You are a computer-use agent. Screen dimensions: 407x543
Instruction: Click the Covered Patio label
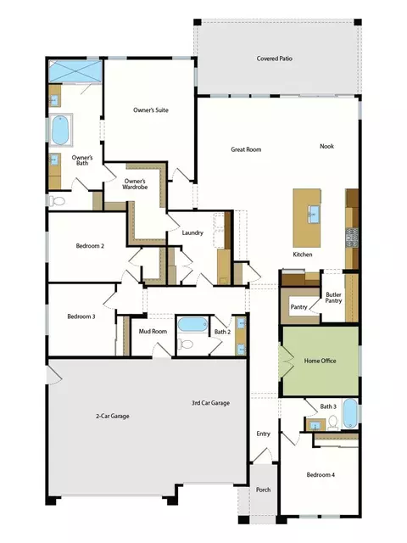click(275, 59)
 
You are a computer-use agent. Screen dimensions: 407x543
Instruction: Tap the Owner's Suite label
click(151, 110)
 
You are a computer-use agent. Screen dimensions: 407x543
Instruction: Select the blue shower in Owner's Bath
click(75, 71)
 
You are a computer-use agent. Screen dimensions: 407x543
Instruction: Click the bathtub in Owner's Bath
click(60, 130)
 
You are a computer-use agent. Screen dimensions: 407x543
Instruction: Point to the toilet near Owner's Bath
click(57, 201)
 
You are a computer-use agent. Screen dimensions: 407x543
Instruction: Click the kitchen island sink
click(313, 215)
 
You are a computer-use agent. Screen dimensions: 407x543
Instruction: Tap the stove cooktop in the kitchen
click(353, 238)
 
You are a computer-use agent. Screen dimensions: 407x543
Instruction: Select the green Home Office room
click(321, 361)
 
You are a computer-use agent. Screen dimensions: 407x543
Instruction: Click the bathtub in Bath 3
click(350, 413)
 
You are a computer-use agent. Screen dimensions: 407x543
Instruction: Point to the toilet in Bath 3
click(333, 423)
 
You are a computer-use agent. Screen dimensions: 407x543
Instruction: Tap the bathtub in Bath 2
click(193, 325)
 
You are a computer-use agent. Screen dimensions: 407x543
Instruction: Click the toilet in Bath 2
click(186, 344)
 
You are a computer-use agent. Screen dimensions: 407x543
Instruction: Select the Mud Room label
click(153, 332)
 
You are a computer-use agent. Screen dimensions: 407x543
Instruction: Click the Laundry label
click(192, 232)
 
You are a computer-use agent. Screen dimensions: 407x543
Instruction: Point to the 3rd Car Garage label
click(211, 403)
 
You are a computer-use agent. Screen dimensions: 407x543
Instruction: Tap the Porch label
click(264, 490)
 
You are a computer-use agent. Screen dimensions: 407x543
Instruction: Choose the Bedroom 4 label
click(321, 475)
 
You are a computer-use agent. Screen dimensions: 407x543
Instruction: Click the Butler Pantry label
click(333, 298)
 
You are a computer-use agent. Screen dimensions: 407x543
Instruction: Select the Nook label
click(326, 146)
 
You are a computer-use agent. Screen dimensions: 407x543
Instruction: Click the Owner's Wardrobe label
click(135, 184)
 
